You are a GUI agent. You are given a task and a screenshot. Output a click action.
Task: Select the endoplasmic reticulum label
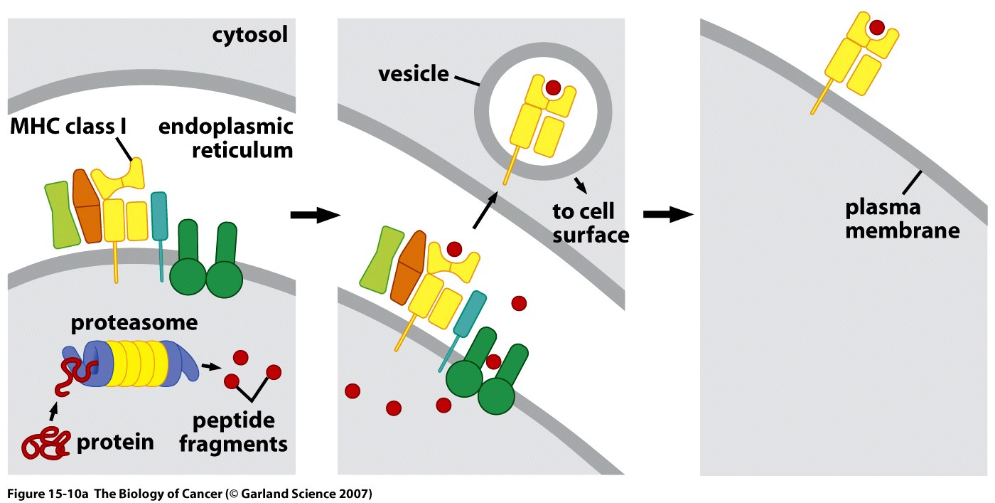point(225,139)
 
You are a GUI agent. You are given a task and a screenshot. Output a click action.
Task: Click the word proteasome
point(134,323)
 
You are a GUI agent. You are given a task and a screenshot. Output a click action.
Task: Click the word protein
point(114,442)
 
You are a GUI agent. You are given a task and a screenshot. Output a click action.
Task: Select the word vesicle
point(414,73)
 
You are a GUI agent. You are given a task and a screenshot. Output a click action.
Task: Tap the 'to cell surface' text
point(591,222)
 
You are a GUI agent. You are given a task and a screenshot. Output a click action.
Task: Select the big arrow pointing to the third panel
point(667,214)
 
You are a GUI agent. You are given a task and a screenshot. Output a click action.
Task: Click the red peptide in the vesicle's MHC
point(552,88)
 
